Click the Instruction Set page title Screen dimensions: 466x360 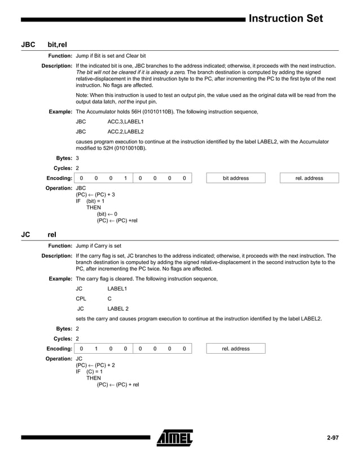286,19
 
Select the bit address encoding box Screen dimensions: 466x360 235,178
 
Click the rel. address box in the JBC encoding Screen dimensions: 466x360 309,178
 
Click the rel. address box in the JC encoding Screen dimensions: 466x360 235,349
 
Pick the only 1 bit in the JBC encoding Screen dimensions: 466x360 125,178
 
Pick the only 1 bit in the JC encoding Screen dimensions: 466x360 96,349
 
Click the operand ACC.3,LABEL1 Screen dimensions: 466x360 125,121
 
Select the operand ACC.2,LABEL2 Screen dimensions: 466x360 125,131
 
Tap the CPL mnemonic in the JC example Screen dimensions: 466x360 81,298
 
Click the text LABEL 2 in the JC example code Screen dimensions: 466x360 118,309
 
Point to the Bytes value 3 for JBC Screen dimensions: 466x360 77,159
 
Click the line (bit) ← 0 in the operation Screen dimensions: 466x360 107,214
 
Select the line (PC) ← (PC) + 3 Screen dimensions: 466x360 95,194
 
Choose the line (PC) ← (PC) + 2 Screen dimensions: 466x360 95,365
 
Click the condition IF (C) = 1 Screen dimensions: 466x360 90,371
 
